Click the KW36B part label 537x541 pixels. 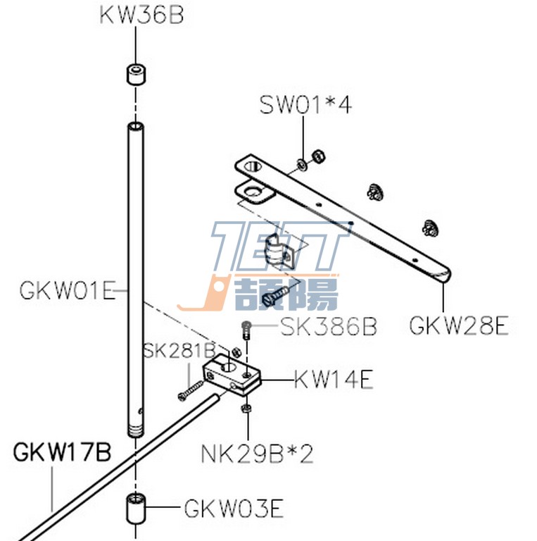click(141, 15)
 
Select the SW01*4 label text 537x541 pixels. click(305, 105)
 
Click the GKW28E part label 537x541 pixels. click(458, 326)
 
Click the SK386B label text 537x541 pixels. click(329, 327)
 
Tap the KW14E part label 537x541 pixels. click(333, 381)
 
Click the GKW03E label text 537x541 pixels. click(234, 508)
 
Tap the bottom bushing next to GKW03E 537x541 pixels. click(134, 509)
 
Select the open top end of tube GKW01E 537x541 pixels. click(135, 127)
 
